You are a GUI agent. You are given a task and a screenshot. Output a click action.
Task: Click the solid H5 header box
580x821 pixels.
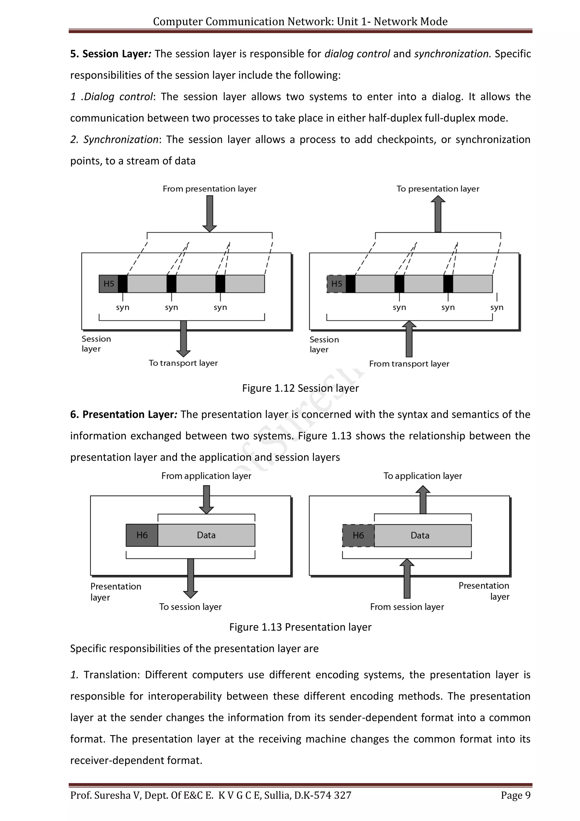point(108,284)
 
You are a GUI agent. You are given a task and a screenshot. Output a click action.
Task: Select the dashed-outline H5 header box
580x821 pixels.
point(336,284)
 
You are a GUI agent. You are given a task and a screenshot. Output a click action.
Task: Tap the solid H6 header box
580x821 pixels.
point(142,535)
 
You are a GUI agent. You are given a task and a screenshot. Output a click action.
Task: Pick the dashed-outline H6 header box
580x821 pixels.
point(358,536)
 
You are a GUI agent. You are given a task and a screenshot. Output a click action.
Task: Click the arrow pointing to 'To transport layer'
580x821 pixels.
point(184,338)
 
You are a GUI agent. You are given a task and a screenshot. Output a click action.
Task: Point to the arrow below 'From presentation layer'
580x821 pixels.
point(210,213)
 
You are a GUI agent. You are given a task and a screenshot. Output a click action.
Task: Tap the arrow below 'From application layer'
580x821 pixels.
point(206,499)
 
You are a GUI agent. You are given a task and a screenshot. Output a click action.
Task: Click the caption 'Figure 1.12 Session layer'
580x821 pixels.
point(300,388)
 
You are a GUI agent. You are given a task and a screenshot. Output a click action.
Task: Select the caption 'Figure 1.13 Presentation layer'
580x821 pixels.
point(300,627)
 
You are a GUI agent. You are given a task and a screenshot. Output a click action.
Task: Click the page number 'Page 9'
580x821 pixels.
point(515,795)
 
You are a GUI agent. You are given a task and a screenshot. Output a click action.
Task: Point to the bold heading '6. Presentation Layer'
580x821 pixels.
point(122,414)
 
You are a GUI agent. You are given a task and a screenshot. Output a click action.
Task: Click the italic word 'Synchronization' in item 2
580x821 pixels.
point(121,139)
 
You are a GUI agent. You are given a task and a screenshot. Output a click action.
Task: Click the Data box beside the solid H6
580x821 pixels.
point(206,535)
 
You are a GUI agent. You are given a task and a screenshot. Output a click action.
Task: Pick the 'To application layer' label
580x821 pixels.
point(423,476)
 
